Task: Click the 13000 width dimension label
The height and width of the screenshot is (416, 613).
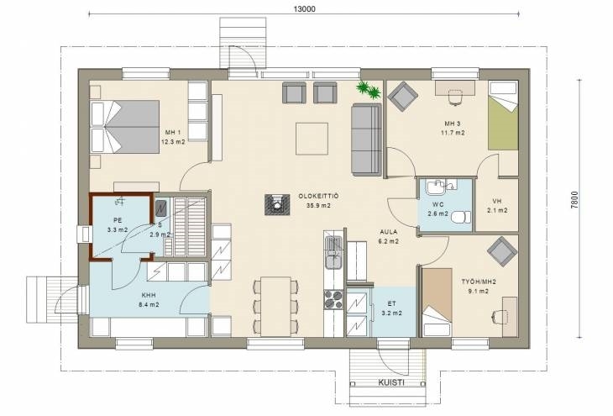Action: point(304,8)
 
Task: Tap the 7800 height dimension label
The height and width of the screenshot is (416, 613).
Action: point(574,202)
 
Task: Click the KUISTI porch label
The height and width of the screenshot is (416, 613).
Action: point(391,382)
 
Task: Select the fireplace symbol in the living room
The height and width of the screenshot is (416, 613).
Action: point(278,205)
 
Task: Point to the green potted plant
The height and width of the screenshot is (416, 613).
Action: point(369,90)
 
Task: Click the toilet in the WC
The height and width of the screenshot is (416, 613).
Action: point(460,217)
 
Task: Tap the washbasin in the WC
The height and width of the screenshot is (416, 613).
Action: point(435,187)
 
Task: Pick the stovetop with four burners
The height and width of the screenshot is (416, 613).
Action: point(333,299)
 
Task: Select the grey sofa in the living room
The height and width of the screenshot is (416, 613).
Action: point(366,140)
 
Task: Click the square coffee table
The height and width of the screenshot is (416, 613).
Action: point(312,139)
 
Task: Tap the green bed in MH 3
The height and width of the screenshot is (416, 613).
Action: point(503,115)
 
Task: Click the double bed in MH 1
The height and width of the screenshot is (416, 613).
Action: point(125,126)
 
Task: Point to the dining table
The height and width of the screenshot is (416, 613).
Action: point(275,307)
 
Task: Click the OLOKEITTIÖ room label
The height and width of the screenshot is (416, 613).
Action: point(318,196)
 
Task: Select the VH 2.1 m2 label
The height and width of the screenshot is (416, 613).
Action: point(497,206)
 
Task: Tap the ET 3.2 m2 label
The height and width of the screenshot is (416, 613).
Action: point(391,308)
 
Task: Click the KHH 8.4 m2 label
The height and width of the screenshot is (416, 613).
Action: point(149,300)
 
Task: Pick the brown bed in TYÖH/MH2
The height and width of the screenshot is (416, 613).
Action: point(437,302)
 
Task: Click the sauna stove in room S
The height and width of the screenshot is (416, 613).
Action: point(161,208)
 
